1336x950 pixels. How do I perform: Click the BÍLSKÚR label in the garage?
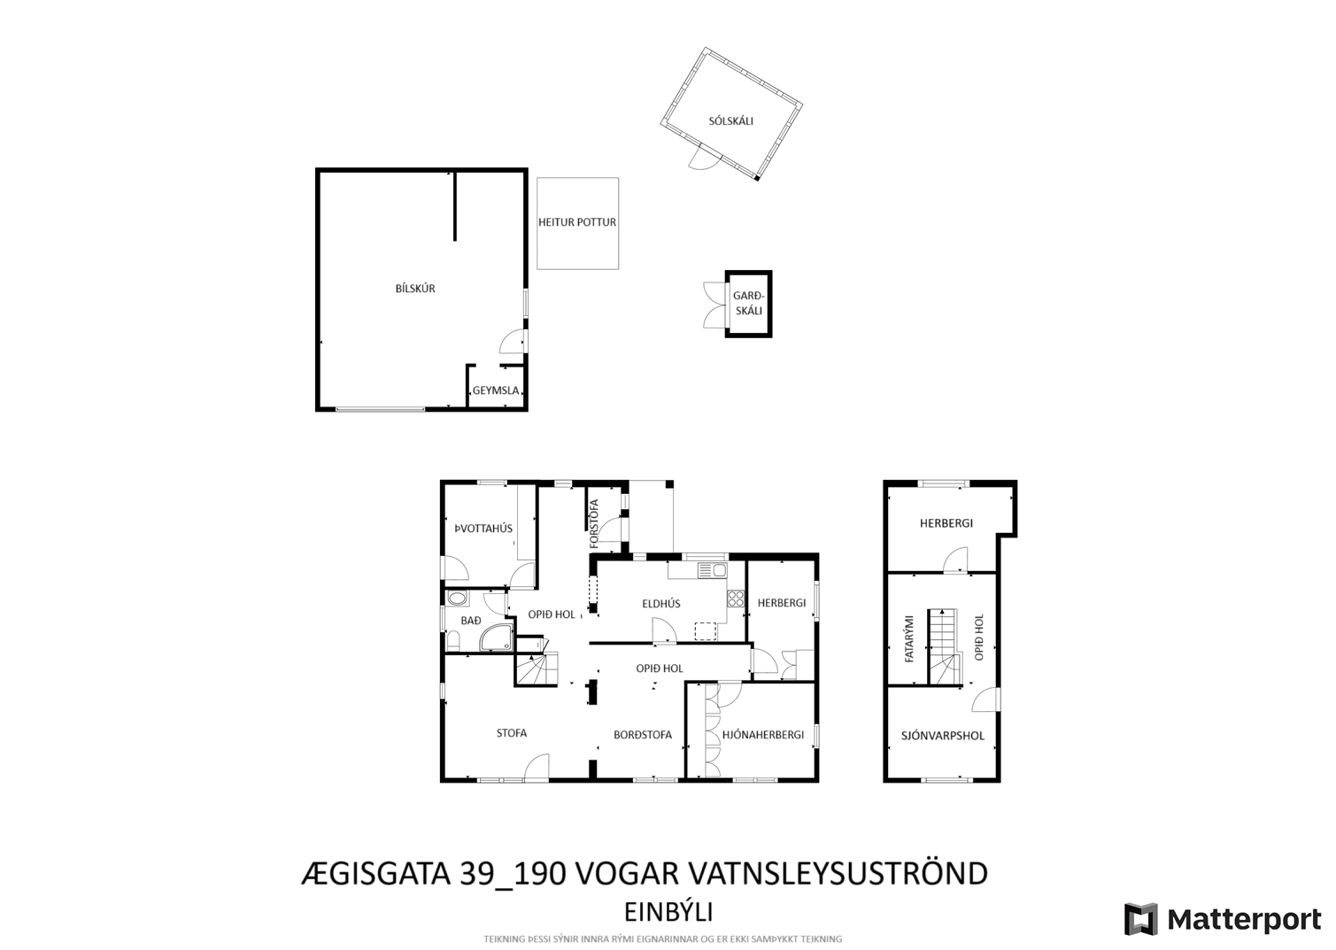pos(415,289)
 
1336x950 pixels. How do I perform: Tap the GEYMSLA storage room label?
pos(496,391)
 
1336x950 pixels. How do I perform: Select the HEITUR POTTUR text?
pos(576,222)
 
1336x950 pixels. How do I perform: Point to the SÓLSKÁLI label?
pos(730,121)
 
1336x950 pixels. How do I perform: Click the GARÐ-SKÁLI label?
pos(748,303)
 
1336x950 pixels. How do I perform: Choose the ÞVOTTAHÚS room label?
pos(483,529)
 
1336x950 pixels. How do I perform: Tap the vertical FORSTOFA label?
pos(593,523)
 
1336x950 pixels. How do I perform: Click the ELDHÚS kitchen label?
pos(660,604)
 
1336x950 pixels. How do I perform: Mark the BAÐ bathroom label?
pos(471,621)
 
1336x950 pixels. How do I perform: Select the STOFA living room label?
pos(511,733)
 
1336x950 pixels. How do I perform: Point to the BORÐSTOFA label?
pos(643,735)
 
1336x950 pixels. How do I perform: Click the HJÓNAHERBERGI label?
pos(763,735)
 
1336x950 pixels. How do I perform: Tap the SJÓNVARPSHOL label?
pos(942,736)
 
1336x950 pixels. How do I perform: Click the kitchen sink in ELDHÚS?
pos(713,570)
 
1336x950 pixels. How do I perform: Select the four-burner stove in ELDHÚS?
pos(736,599)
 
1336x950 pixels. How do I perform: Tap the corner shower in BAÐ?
pos(496,637)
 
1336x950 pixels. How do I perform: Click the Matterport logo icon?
pos(1140,920)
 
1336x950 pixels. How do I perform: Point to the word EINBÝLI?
pos(668,913)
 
